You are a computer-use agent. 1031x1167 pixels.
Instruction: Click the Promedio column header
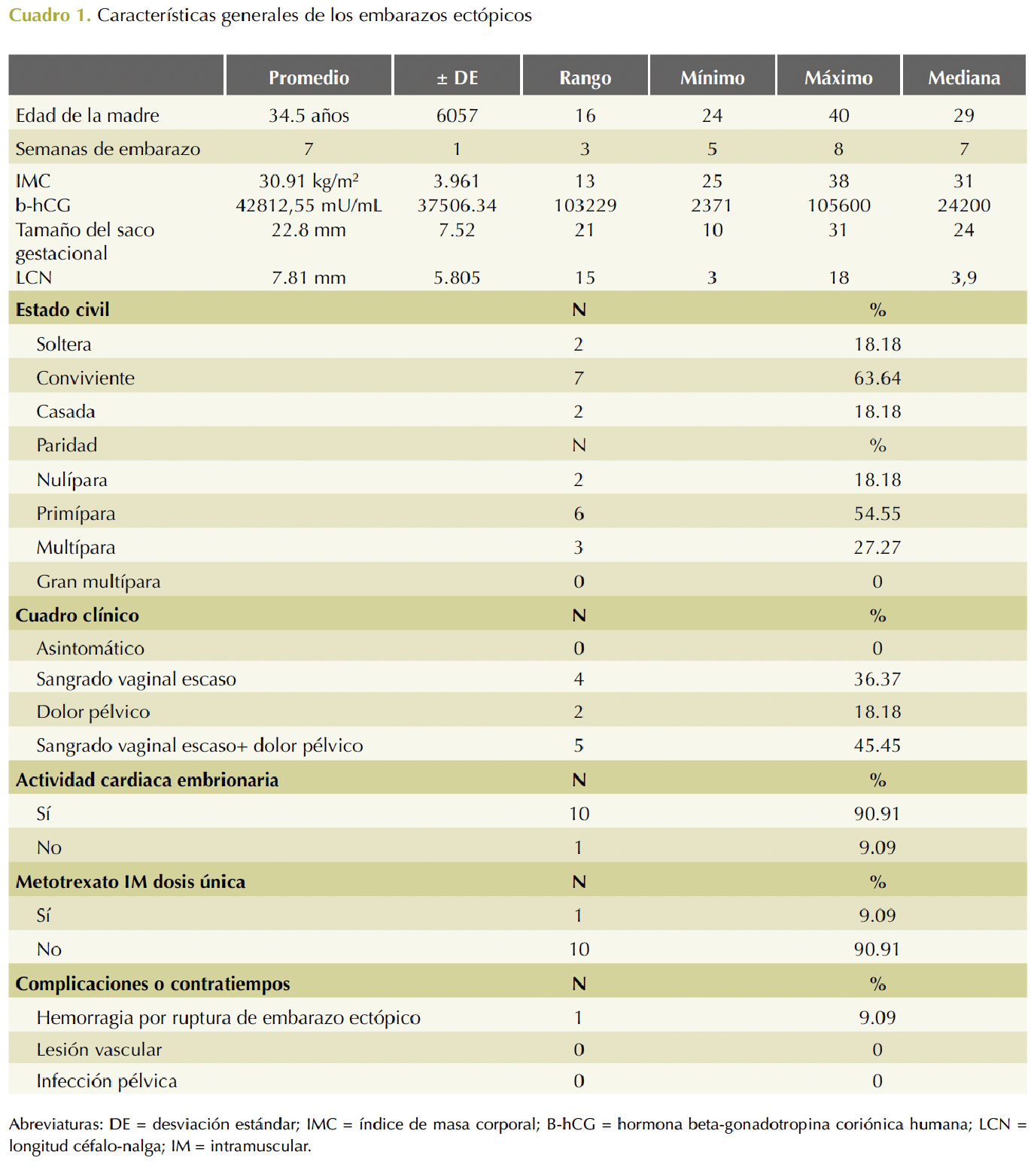pyautogui.click(x=309, y=77)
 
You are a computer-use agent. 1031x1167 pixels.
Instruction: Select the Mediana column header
pyautogui.click(x=964, y=77)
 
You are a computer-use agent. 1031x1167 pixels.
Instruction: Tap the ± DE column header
pyautogui.click(x=457, y=77)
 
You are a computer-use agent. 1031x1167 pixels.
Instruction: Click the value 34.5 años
pyautogui.click(x=309, y=115)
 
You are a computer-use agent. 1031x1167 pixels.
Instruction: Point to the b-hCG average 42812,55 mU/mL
pyautogui.click(x=309, y=205)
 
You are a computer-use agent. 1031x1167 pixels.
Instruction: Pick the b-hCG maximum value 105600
pyautogui.click(x=839, y=205)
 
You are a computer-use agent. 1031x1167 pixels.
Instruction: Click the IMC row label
pyautogui.click(x=33, y=181)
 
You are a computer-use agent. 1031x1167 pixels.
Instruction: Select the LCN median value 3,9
pyautogui.click(x=964, y=278)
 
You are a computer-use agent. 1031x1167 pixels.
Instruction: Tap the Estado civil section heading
pyautogui.click(x=62, y=310)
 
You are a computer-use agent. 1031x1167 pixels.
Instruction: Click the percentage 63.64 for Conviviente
pyautogui.click(x=877, y=378)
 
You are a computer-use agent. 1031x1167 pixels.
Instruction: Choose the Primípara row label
pyautogui.click(x=76, y=514)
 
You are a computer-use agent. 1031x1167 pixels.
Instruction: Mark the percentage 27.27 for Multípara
pyautogui.click(x=877, y=547)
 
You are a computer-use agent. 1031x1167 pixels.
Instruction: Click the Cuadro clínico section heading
pyautogui.click(x=78, y=615)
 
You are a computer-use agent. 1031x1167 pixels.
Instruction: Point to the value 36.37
pyautogui.click(x=877, y=679)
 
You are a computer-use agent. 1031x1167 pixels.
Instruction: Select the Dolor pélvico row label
pyautogui.click(x=93, y=712)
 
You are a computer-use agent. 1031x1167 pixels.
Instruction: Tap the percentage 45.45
pyautogui.click(x=877, y=746)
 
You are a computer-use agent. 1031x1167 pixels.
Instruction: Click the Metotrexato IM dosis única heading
pyautogui.click(x=131, y=882)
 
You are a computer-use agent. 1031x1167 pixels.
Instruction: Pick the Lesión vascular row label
pyautogui.click(x=99, y=1050)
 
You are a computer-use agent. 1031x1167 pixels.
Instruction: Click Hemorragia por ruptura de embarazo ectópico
pyautogui.click(x=229, y=1018)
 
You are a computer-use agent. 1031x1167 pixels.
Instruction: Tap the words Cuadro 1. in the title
pyautogui.click(x=50, y=15)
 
